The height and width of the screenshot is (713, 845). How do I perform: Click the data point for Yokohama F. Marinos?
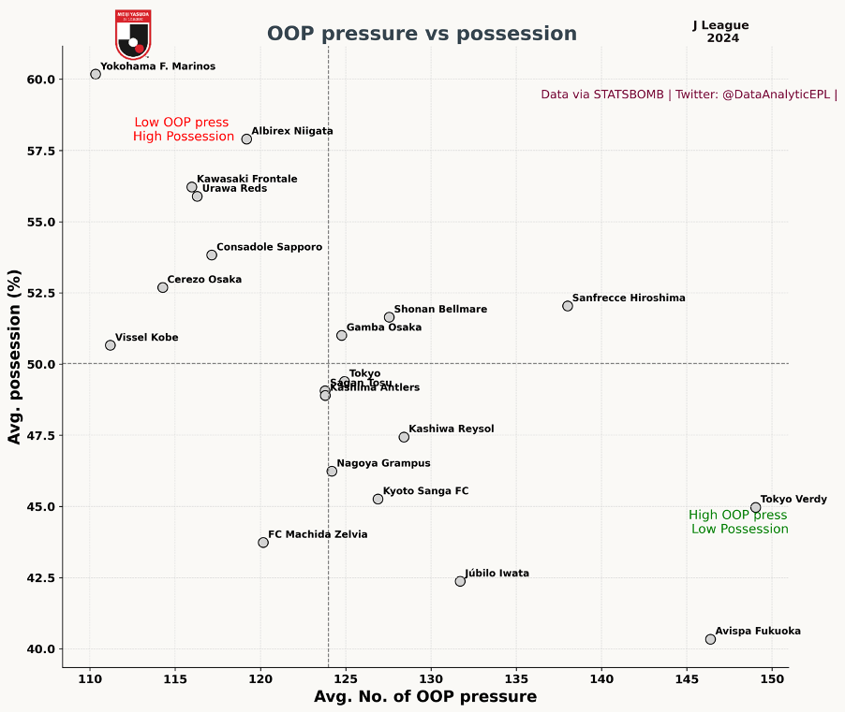tap(96, 74)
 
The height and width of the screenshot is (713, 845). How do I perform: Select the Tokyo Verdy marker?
tap(756, 507)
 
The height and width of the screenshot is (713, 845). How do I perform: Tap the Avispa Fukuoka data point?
tap(710, 639)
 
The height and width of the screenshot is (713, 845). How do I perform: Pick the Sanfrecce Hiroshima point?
tap(568, 306)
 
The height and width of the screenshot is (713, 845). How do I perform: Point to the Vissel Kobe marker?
tap(111, 345)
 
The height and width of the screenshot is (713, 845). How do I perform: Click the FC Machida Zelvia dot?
tap(263, 543)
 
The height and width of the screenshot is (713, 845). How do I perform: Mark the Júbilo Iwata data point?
tap(460, 581)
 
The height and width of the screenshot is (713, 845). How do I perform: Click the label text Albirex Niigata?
tap(292, 132)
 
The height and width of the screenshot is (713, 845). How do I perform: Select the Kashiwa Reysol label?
tap(452, 429)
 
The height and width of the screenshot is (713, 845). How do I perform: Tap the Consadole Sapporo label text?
tap(270, 248)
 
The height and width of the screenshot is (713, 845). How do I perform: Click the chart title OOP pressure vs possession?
tap(422, 34)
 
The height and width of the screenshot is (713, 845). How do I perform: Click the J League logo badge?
tap(133, 34)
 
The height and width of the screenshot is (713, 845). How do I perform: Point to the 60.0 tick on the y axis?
tap(40, 80)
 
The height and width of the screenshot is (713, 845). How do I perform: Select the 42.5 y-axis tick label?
tap(40, 578)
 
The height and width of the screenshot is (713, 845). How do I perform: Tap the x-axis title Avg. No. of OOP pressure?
tap(425, 697)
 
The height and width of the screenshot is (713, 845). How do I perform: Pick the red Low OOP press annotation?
tap(183, 129)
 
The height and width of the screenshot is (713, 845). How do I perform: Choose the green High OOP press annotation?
tap(738, 522)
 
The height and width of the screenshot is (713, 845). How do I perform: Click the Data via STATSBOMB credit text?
tap(689, 95)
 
